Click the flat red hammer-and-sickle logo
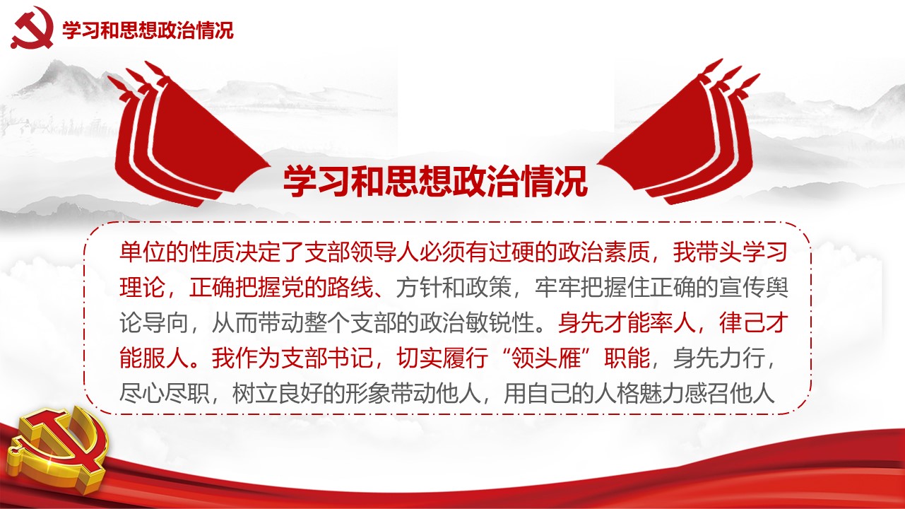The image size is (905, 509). tap(32, 28)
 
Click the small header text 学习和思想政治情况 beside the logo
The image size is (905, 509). tap(148, 30)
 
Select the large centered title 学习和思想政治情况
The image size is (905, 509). tap(435, 181)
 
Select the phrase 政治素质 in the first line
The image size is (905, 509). tap(603, 252)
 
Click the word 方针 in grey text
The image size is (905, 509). tap(419, 288)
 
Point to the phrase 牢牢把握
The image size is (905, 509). tap(580, 288)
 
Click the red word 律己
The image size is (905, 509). tap(742, 322)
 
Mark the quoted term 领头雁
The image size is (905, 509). tap(545, 358)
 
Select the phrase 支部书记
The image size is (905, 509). tap(327, 358)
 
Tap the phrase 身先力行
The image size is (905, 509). tap(718, 358)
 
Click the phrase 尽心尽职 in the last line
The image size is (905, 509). tap(165, 393)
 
